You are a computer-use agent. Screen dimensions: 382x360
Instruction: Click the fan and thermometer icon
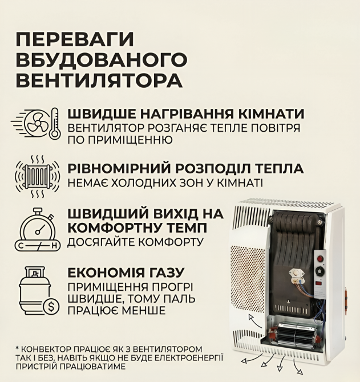(35, 124)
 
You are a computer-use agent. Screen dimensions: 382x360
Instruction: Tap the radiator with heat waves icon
(35, 176)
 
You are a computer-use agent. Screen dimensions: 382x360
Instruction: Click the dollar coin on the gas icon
(51, 307)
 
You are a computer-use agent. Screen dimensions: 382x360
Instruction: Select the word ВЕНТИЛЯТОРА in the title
(99, 80)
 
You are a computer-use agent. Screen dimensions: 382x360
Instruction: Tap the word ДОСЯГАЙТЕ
(105, 242)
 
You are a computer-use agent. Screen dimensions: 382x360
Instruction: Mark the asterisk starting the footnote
(18, 349)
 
